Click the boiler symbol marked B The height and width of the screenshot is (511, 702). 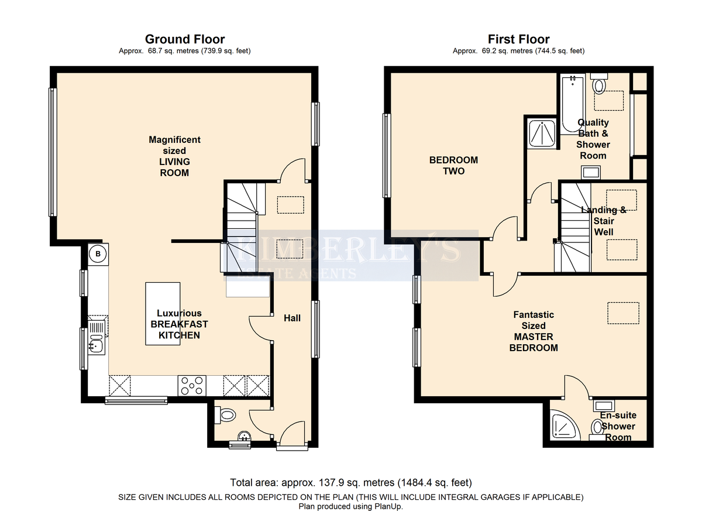(x=98, y=254)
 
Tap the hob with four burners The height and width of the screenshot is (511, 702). (x=192, y=385)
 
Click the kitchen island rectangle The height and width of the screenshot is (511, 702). (x=163, y=314)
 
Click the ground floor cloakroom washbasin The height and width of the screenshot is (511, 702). (x=244, y=436)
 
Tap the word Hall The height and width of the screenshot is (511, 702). (x=292, y=318)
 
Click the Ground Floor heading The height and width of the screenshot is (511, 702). (x=185, y=39)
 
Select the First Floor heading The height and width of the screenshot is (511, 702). (x=519, y=39)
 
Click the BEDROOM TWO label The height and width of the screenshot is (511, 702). (x=453, y=166)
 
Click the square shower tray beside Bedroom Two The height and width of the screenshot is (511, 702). (x=542, y=133)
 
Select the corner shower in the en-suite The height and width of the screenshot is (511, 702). (x=565, y=425)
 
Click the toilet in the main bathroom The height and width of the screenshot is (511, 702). (x=599, y=83)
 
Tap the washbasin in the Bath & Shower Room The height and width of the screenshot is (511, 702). (x=591, y=172)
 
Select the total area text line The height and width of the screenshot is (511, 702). (x=351, y=482)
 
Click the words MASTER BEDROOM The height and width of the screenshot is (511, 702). (x=534, y=342)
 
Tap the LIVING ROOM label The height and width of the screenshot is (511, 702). (x=174, y=167)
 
